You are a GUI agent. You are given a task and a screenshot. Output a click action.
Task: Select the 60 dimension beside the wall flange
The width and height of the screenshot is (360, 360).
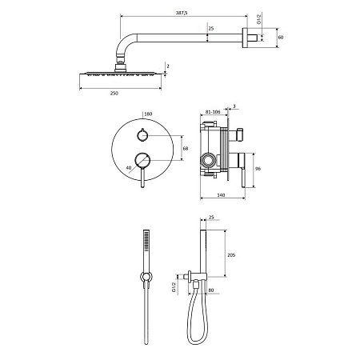coord(280,36)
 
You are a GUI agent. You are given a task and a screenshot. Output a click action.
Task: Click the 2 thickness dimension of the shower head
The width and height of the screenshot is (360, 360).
coord(168,66)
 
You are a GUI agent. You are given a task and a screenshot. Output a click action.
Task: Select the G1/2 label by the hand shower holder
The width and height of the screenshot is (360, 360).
coord(173,286)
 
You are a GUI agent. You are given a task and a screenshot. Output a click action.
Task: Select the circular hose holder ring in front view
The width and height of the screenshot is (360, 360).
coord(144,278)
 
